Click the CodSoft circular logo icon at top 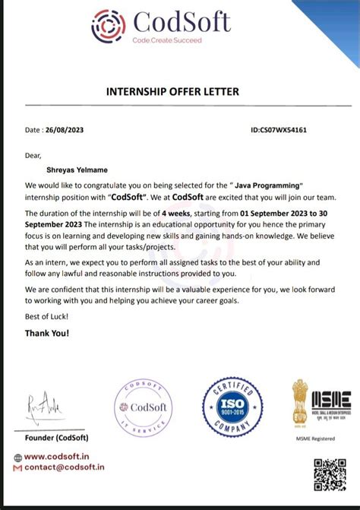click(x=108, y=26)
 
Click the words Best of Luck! click(x=47, y=315)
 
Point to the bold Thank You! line click(x=47, y=333)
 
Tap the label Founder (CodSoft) click(x=56, y=438)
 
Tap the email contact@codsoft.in click(x=64, y=467)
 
